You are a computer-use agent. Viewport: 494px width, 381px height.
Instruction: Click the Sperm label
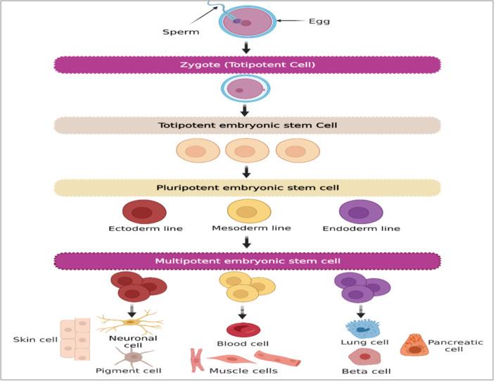pos(181,32)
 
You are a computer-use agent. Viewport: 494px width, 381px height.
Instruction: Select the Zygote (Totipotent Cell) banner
pos(247,65)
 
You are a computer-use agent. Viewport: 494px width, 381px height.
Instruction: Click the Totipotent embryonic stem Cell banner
pos(247,125)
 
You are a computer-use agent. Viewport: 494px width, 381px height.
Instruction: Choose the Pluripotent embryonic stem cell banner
pos(247,187)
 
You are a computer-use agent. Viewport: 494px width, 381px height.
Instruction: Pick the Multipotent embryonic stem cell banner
pos(247,261)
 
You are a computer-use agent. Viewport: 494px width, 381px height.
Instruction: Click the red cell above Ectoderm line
pos(144,212)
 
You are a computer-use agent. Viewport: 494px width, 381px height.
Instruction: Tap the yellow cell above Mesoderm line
pos(247,211)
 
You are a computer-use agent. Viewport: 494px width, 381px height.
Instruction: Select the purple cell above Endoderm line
pos(361,212)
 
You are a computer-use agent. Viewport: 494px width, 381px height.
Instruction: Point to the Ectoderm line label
pos(146,229)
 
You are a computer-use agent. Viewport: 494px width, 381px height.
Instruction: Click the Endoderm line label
pos(361,229)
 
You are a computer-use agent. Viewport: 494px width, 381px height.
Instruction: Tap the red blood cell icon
pos(243,329)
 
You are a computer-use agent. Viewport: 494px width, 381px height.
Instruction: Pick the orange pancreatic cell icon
pos(414,344)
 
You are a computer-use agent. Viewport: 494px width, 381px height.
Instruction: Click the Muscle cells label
pos(243,370)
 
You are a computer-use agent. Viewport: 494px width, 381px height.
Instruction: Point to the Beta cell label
pos(366,370)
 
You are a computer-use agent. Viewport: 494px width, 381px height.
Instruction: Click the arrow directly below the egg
pos(246,47)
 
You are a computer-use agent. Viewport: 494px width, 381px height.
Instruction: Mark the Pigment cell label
pos(139,370)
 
